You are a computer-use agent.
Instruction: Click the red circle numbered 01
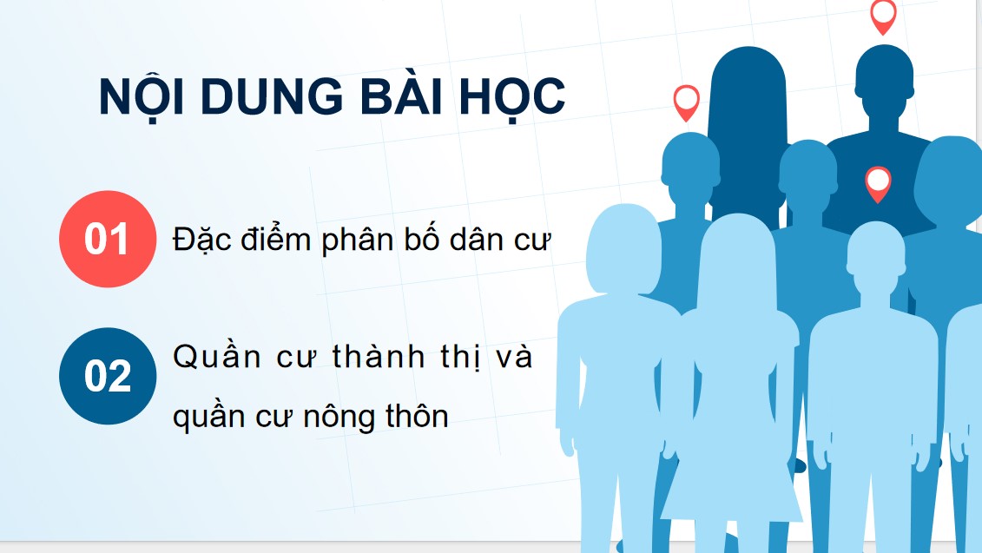pos(107,240)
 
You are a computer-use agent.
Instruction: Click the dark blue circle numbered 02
pos(107,376)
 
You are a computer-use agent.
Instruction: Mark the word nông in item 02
pos(337,417)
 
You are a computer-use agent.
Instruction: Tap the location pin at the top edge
pos(883,15)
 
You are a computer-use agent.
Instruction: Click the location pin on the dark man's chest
pos(879,181)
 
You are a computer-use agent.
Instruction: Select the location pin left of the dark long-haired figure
pos(686,101)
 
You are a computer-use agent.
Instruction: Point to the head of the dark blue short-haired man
pos(883,74)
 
